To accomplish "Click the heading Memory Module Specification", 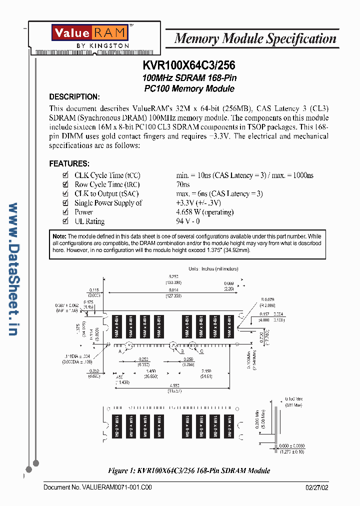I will pyautogui.click(x=255, y=39).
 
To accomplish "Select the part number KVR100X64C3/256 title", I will pyautogui.click(x=189, y=65).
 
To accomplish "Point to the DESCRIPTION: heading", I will pyautogui.click(x=74, y=96).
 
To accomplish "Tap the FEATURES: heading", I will pyautogui.click(x=69, y=163).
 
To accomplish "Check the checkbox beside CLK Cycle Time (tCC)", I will pyautogui.click(x=65, y=175).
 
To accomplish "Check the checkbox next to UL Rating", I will pyautogui.click(x=65, y=221).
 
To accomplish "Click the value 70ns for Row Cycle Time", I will pyautogui.click(x=183, y=184).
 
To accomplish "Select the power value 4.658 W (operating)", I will pyautogui.click(x=204, y=212).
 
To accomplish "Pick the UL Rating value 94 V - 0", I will pyautogui.click(x=188, y=221).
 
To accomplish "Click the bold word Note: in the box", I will pyautogui.click(x=59, y=236).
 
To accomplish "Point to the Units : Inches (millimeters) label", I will pyautogui.click(x=213, y=268).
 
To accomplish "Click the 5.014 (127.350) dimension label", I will pyautogui.click(x=173, y=292).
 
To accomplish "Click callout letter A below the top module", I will pyautogui.click(x=120, y=351).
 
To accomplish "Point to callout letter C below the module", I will pyautogui.click(x=201, y=351).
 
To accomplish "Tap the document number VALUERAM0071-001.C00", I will pyautogui.click(x=97, y=487).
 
